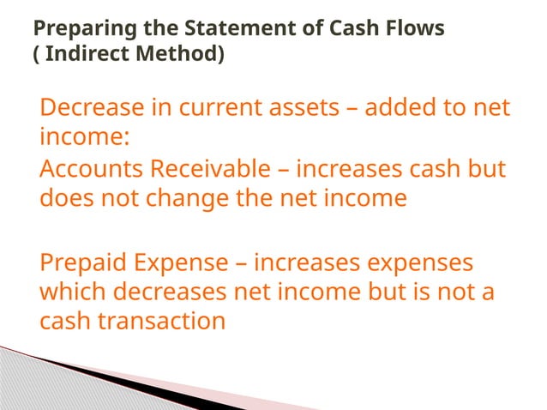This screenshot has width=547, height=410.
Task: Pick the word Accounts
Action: point(93,170)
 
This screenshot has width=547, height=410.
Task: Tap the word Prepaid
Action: point(84,262)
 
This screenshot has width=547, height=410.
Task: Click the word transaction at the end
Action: point(158,321)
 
